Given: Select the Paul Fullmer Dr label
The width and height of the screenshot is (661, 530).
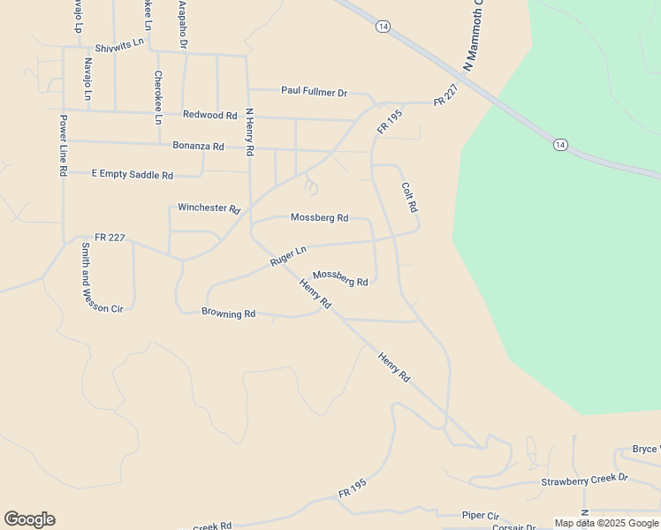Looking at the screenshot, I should (314, 91).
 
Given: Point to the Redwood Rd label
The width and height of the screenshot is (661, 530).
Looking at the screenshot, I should (210, 115).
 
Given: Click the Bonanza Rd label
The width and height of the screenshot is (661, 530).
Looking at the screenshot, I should (198, 146).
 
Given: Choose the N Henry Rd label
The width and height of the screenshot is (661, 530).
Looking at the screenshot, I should (250, 133).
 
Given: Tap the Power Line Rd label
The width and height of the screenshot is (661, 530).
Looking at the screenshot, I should (64, 146).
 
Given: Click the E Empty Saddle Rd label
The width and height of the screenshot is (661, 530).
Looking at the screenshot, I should (133, 175).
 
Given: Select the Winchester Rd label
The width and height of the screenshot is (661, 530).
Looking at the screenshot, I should (209, 208).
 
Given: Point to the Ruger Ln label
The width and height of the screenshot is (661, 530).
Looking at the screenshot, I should (288, 257).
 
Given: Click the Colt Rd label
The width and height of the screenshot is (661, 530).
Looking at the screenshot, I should (409, 198).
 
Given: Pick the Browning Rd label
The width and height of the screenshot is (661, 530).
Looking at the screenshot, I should (228, 313).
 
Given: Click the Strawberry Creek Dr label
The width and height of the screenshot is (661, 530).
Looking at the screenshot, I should (584, 480).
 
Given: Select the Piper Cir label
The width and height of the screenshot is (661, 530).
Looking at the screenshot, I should (481, 515).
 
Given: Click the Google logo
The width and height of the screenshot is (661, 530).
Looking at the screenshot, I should (29, 519).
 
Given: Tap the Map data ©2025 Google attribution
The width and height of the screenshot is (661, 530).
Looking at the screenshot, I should (607, 523).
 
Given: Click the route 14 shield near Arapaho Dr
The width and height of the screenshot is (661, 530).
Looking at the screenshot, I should (382, 27).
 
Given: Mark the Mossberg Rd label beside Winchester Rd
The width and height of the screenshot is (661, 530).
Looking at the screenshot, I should (319, 217).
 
